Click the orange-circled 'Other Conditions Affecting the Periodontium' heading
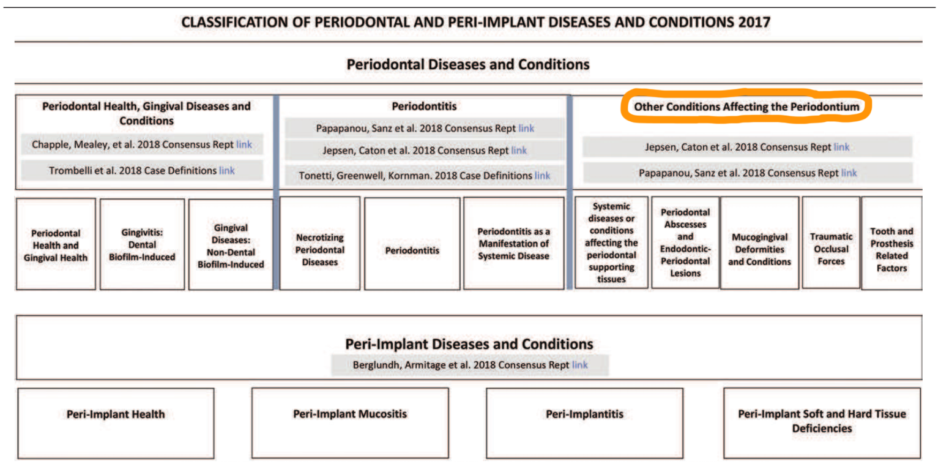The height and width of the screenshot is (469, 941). coord(746,107)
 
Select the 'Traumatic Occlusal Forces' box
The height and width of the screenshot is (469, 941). coord(831,243)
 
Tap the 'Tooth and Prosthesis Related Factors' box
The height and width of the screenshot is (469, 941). coord(892,243)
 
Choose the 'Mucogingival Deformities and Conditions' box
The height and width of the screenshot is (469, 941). coord(759,243)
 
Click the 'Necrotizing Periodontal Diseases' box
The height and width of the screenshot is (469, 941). coord(320,243)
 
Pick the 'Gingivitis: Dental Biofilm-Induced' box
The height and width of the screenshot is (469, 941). coord(142,244)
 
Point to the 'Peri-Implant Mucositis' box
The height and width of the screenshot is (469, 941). coord(350,422)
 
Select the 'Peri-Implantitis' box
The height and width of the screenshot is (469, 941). coord(584,422)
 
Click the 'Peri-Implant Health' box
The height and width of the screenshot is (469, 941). coord(116,422)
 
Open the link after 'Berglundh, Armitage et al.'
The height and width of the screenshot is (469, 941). coord(580,365)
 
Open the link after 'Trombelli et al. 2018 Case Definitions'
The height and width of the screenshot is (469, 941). coord(227,171)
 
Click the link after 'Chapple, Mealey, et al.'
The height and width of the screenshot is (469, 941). coord(244,144)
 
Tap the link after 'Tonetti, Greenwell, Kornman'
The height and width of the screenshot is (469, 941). coord(542,176)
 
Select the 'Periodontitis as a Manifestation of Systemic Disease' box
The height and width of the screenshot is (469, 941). coord(513,243)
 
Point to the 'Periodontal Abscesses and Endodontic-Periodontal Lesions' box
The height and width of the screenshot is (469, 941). coord(685,242)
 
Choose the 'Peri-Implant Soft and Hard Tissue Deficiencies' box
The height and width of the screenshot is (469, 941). coord(822,422)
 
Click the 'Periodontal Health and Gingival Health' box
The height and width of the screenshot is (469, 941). coord(56,244)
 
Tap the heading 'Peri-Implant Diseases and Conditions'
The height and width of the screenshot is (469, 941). coord(469,343)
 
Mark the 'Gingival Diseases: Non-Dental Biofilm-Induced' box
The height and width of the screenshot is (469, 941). coord(231,244)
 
